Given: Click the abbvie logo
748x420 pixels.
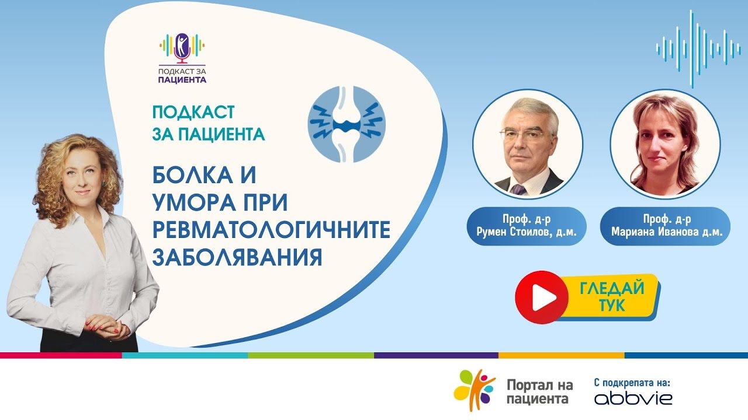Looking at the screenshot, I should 633,398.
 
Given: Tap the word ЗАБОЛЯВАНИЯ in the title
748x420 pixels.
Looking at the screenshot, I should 237,257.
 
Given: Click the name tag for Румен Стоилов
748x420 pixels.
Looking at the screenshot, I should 527,225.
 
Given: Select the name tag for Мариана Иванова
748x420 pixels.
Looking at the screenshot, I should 666,225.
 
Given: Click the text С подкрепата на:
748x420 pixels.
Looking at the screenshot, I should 632,382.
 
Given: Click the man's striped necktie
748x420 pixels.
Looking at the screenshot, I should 518,188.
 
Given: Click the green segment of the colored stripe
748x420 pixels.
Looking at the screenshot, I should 311,355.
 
